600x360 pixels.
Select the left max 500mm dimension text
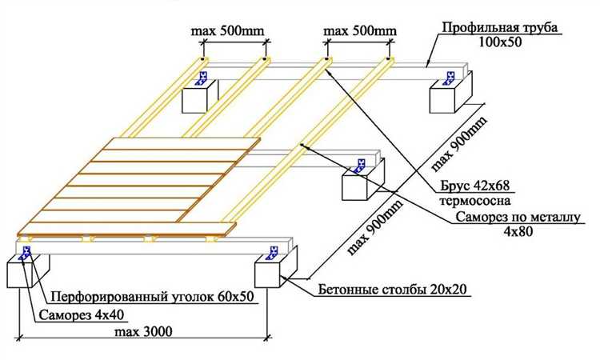pos(227,31)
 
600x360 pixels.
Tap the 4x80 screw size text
pos(519,232)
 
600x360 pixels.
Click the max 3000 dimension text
pos(145,330)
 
